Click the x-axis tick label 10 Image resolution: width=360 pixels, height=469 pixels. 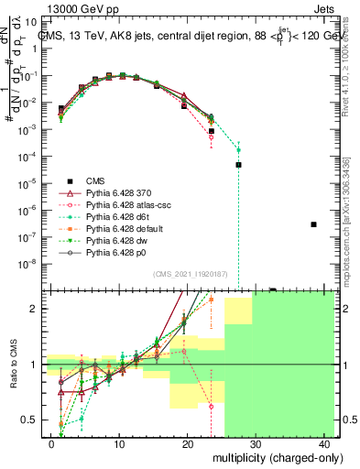[119, 443]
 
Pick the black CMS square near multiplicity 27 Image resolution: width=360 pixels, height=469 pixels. [238, 165]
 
